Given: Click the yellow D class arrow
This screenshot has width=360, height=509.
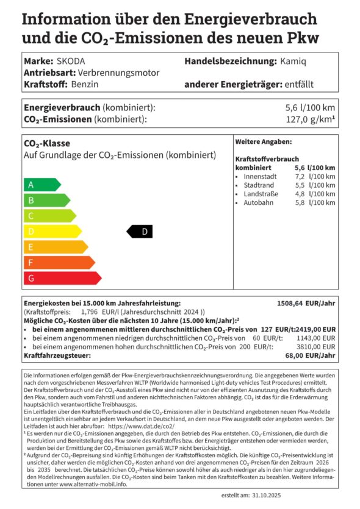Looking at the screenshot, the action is coord(51,232).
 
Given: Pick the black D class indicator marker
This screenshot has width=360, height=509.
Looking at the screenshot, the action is coord(140,232).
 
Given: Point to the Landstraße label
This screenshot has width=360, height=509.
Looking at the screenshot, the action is coord(261,194).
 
